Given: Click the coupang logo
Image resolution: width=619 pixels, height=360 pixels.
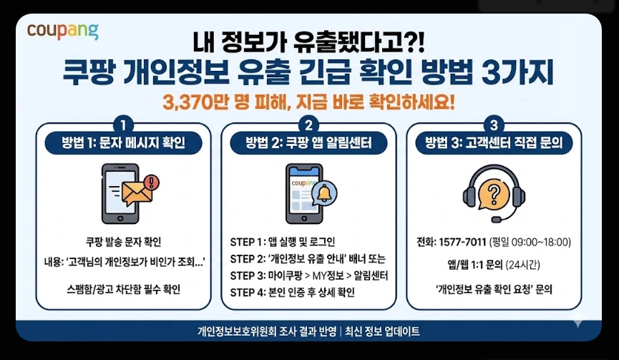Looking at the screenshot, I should (63, 31).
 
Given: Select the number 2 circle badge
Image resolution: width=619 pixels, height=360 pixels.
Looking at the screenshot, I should (309, 122).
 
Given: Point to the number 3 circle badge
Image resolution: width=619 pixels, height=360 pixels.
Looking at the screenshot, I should (494, 122).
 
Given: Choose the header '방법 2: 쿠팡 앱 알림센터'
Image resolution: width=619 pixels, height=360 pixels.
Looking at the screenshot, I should (309, 142).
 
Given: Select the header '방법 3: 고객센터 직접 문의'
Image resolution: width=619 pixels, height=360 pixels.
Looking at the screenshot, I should (494, 142).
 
